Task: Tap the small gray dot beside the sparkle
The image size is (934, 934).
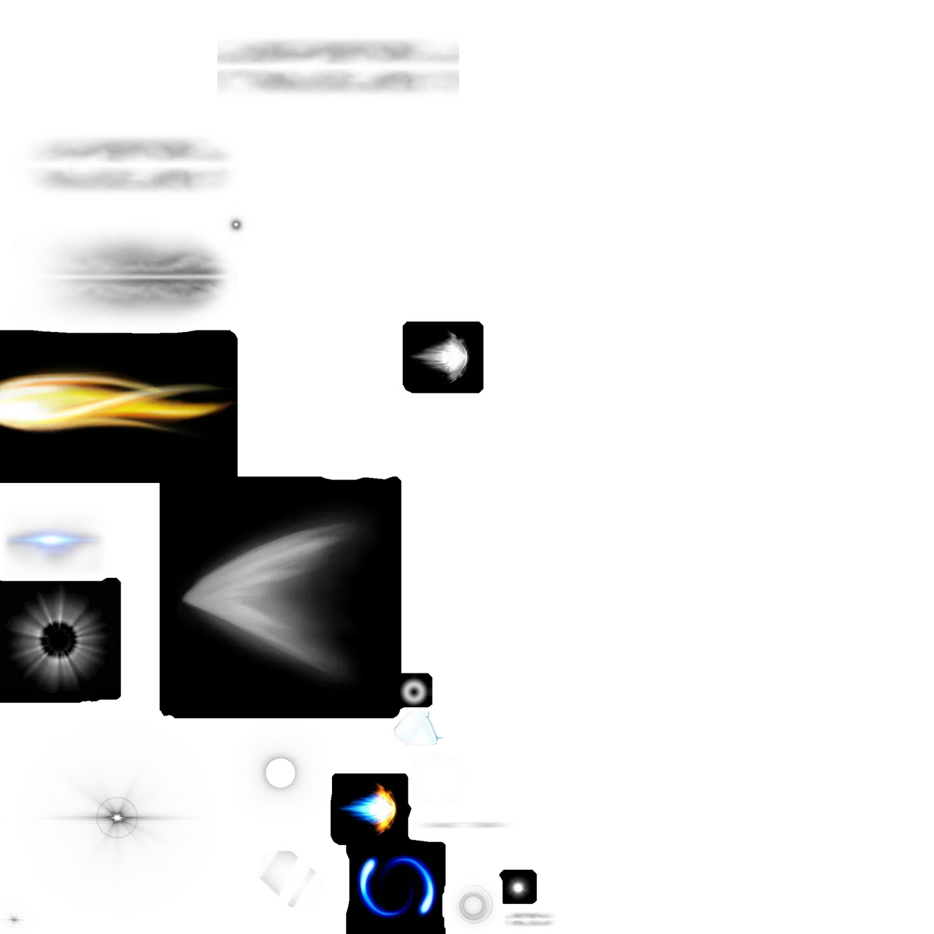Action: pyautogui.click(x=236, y=225)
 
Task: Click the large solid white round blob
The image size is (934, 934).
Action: pyautogui.click(x=360, y=420)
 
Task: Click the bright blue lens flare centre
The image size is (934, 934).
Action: pyautogui.click(x=51, y=541)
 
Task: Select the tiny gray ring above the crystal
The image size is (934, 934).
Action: pyautogui.click(x=414, y=690)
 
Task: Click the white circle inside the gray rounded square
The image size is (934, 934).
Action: pyautogui.click(x=280, y=773)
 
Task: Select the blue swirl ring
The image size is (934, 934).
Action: pyautogui.click(x=397, y=887)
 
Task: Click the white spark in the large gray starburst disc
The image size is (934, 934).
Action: pyautogui.click(x=117, y=817)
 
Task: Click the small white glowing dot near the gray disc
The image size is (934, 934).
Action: pyautogui.click(x=518, y=888)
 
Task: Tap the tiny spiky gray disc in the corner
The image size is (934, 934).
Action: pyautogui.click(x=15, y=916)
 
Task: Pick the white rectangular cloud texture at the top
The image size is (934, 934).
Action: pyautogui.click(x=338, y=66)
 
